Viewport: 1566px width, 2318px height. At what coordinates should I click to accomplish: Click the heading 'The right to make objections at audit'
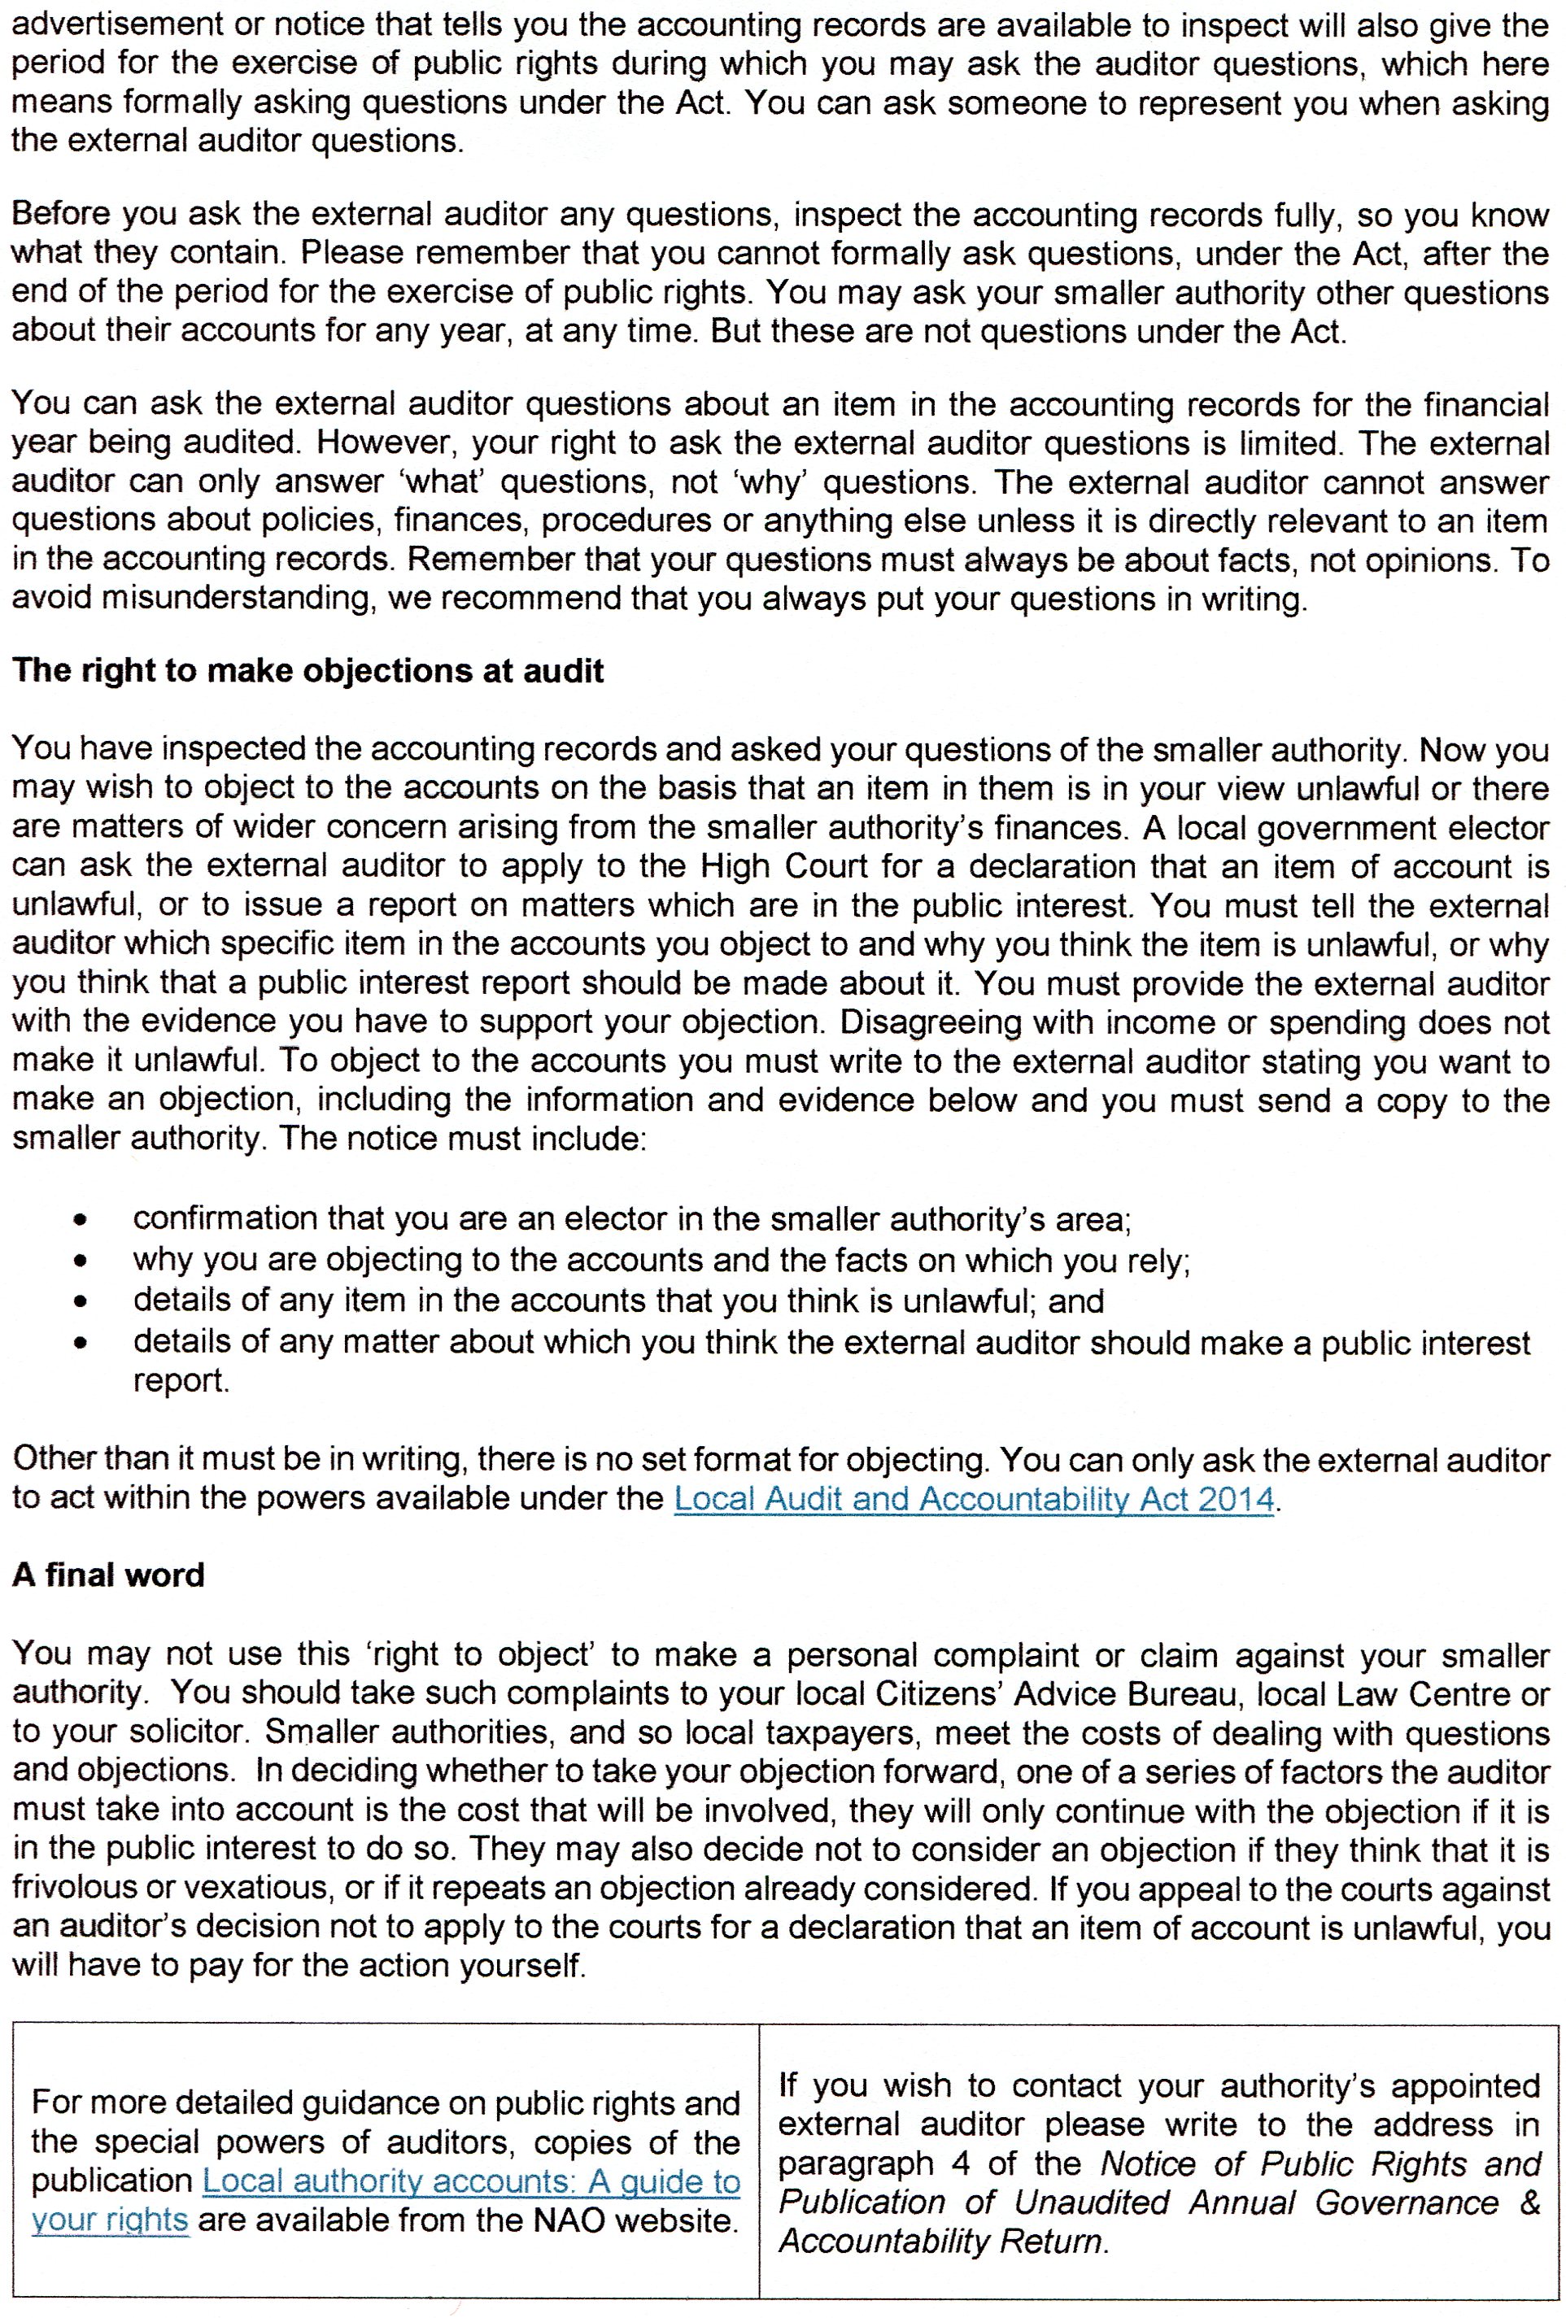coord(308,670)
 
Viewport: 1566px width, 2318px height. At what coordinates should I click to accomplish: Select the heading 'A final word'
coord(107,1575)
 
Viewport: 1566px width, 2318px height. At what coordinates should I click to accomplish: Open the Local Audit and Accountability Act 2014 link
coord(974,1498)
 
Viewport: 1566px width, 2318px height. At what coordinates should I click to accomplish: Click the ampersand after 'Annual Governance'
coord(1529,2202)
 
